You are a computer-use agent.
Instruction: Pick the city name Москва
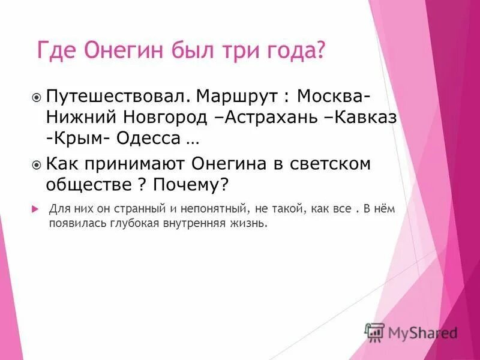pos(330,96)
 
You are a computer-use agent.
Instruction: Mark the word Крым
pos(77,139)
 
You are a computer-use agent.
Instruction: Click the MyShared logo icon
pos(375,331)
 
